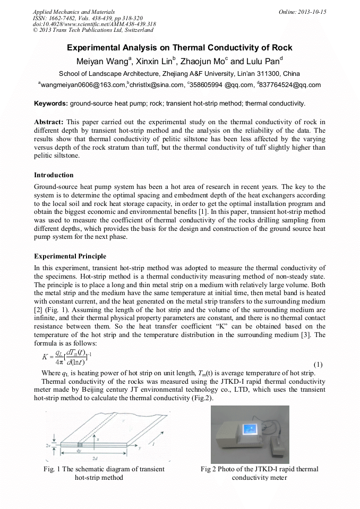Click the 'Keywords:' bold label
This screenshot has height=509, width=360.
(51, 103)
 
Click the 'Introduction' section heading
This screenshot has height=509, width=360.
(54, 175)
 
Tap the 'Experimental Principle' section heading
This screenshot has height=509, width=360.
(70, 256)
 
